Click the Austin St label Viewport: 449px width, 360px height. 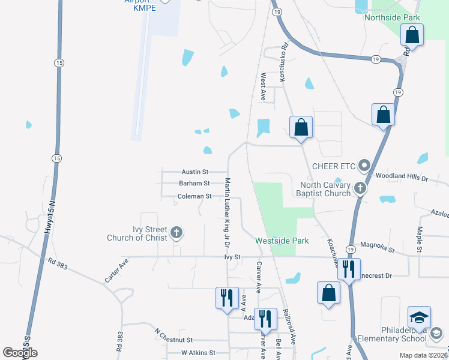tap(196, 172)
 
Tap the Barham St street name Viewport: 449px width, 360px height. tap(194, 184)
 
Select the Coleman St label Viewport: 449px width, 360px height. tap(194, 196)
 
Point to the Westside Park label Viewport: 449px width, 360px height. tap(282, 241)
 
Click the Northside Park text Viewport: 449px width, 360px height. tap(393, 18)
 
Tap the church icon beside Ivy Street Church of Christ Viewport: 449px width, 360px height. tap(176, 232)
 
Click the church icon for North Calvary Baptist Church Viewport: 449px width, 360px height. tap(360, 188)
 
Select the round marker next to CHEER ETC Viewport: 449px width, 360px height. tap(363, 165)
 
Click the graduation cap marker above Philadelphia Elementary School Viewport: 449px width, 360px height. tap(419, 316)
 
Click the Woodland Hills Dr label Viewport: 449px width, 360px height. tap(401, 178)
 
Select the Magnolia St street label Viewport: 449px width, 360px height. tap(377, 245)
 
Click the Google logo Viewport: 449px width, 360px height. tap(20, 353)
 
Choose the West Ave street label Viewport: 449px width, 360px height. tap(263, 87)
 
